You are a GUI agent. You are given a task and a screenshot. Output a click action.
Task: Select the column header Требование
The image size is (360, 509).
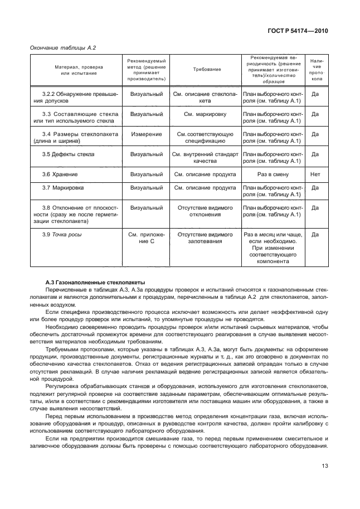[206, 70]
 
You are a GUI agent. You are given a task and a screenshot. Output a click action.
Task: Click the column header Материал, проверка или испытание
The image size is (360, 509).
[75, 70]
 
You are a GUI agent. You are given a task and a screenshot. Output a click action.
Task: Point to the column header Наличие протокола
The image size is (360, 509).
[315, 70]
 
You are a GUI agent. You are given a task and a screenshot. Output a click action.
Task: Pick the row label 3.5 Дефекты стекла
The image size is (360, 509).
[69, 154]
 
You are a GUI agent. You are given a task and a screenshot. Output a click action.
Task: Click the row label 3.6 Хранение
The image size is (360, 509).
[60, 174]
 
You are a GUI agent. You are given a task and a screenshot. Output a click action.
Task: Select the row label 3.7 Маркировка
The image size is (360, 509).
[64, 188]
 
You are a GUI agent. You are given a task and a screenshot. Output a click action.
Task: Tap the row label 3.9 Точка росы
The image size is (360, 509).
[62, 234]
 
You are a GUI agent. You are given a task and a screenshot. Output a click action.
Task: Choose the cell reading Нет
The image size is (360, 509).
[315, 174]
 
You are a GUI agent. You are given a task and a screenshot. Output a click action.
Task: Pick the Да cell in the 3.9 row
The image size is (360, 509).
[315, 235]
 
